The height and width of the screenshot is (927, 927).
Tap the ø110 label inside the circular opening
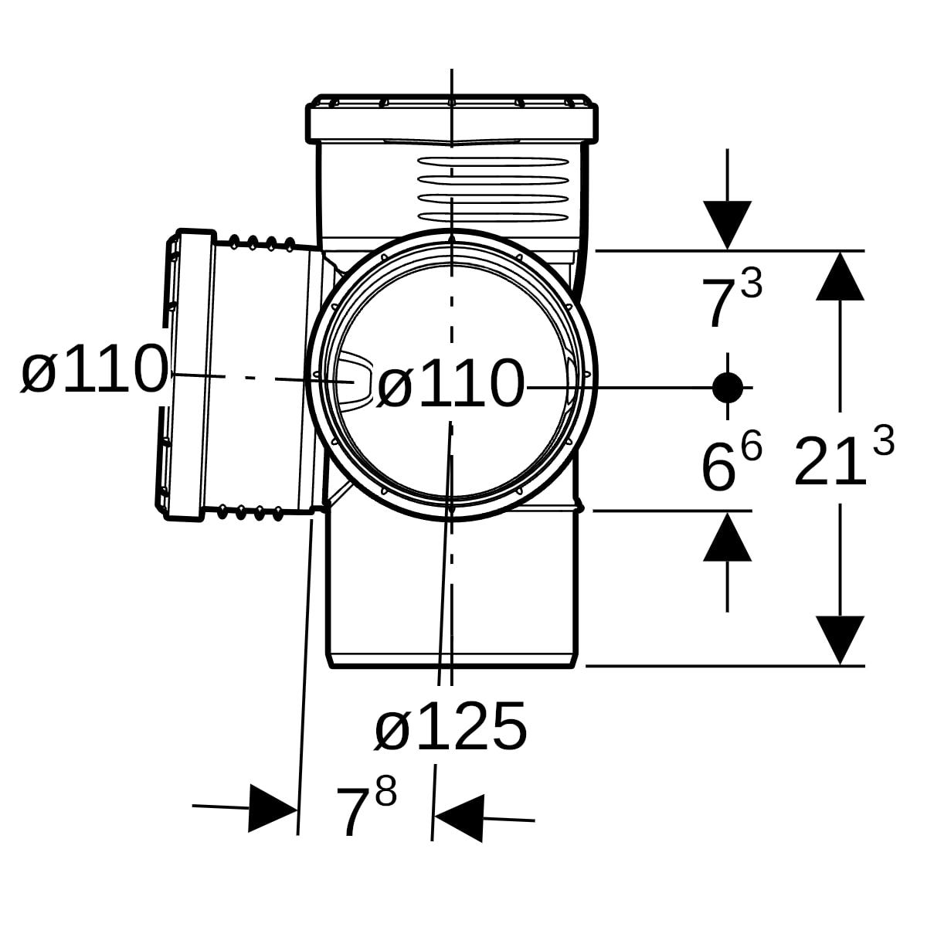pyautogui.click(x=450, y=383)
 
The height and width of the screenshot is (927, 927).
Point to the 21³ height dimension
pyautogui.click(x=844, y=456)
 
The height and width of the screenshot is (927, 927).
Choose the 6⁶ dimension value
pyautogui.click(x=732, y=460)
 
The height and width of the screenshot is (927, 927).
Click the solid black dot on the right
pyautogui.click(x=728, y=387)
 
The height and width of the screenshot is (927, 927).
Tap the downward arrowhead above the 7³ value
pyautogui.click(x=728, y=225)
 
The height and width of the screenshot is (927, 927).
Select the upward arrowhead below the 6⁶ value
pyautogui.click(x=728, y=536)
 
